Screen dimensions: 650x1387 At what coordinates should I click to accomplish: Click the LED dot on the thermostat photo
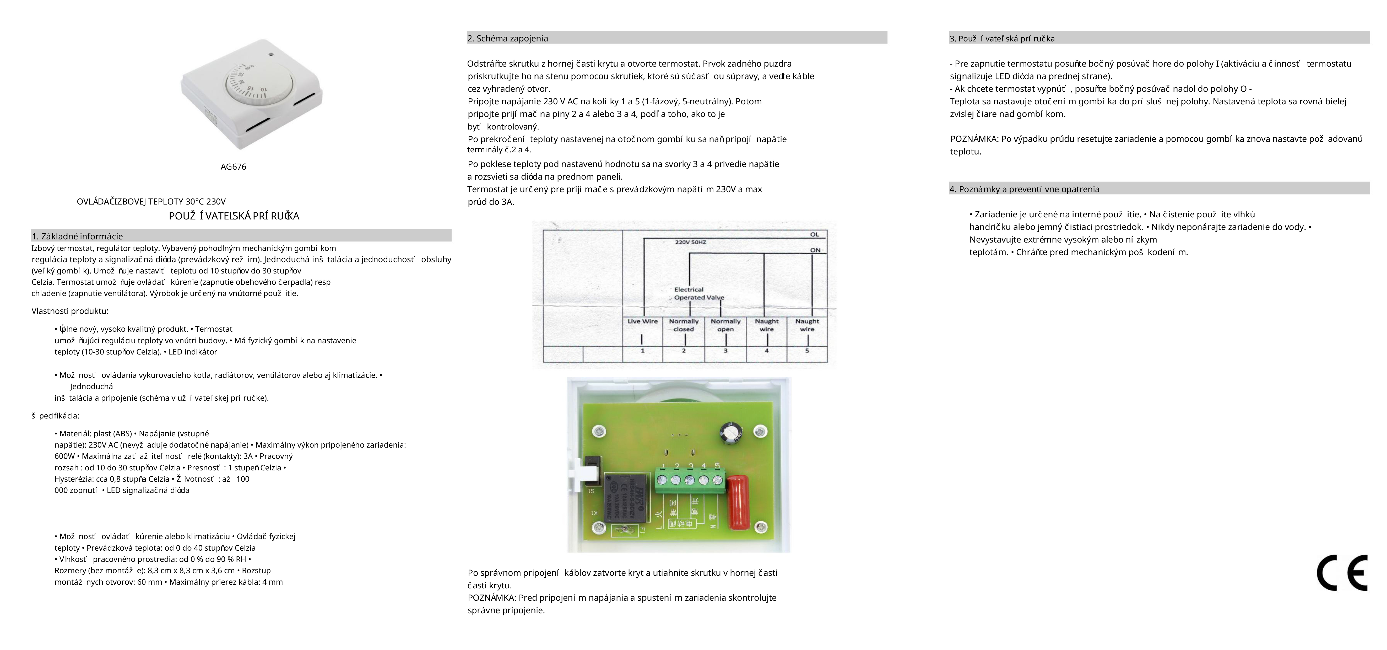point(271,54)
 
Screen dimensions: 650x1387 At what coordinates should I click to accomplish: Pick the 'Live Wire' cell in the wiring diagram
point(642,321)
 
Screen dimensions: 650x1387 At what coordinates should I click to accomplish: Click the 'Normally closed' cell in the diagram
point(684,325)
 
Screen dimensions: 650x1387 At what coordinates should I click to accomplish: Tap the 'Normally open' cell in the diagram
point(725,325)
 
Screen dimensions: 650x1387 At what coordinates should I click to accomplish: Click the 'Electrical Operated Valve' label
point(698,293)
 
